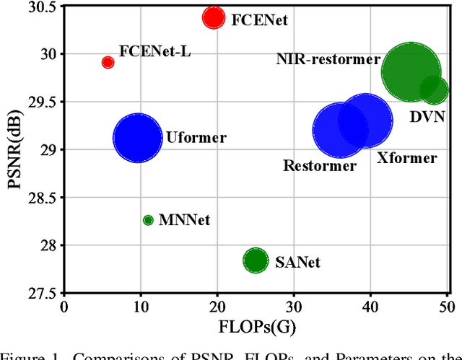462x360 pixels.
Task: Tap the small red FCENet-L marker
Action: [x=108, y=63]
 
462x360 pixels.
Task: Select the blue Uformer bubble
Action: [x=137, y=137]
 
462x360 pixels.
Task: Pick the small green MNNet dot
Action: [x=148, y=220]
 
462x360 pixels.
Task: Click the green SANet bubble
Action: [x=254, y=260]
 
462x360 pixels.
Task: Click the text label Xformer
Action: [x=406, y=158]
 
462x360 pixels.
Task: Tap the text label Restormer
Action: [x=320, y=167]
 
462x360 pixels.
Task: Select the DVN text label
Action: [x=427, y=117]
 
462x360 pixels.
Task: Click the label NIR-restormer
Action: [x=328, y=60]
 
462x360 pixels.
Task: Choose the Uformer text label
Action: [x=196, y=137]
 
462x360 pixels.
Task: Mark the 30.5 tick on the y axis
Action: [x=42, y=8]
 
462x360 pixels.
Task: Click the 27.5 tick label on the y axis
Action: [x=42, y=293]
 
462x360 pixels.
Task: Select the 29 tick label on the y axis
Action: [x=48, y=150]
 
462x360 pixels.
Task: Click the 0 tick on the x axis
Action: [x=64, y=307]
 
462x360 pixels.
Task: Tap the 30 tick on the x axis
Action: [x=293, y=307]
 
